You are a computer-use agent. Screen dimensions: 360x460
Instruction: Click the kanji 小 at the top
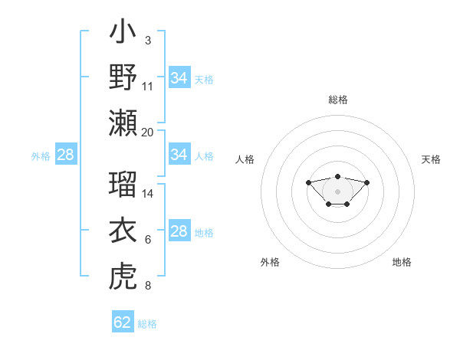click(123, 34)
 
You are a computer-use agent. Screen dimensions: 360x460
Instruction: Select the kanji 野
click(123, 78)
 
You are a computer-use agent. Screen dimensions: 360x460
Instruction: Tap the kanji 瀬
click(123, 123)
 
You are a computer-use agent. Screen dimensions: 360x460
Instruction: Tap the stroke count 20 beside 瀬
click(148, 132)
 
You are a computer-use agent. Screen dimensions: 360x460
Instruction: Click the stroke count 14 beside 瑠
click(148, 194)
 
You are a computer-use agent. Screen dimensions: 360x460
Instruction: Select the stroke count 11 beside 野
click(148, 86)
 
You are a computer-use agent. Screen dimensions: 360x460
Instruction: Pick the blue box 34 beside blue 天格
click(179, 77)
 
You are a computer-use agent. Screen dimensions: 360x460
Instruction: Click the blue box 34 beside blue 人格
click(179, 155)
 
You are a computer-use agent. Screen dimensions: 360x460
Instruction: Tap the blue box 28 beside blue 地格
click(179, 232)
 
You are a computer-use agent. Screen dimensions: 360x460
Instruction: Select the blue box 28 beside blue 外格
click(65, 155)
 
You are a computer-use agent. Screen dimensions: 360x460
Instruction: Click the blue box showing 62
click(122, 322)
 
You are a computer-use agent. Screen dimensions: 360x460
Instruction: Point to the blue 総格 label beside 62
click(147, 324)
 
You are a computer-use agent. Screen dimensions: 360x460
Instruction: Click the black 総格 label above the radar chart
click(337, 100)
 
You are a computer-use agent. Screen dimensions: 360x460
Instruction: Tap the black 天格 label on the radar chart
click(432, 159)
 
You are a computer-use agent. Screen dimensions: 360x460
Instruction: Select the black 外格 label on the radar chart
click(270, 262)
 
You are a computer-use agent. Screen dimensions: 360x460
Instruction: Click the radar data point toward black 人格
click(308, 182)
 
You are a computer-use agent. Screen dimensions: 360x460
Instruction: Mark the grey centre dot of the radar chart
click(337, 191)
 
